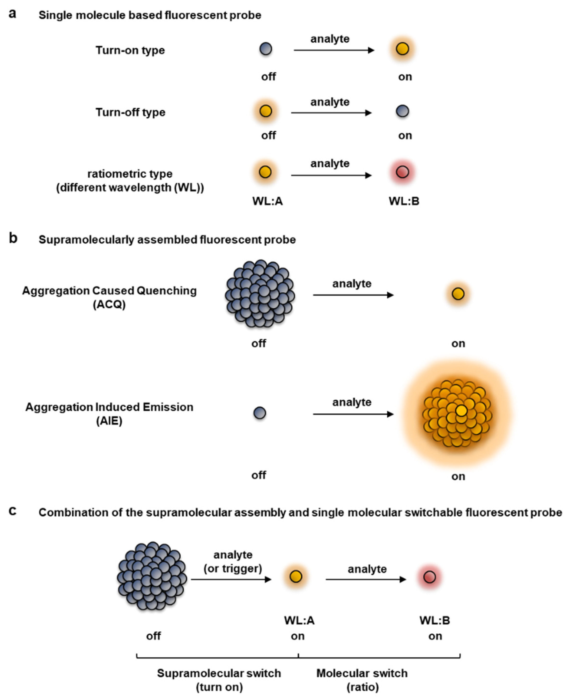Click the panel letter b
tap(13, 238)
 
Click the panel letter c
tap(13, 511)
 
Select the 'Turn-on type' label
tap(130, 50)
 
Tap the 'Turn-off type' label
tap(130, 112)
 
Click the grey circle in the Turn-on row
tap(266, 49)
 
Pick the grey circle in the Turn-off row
tap(403, 111)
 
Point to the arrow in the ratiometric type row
tap(331, 175)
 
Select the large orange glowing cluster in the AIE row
tap(457, 413)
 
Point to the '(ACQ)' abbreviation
tap(109, 305)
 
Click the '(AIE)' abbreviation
tap(109, 421)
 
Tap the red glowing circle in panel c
tap(429, 577)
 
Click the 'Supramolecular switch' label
tap(219, 673)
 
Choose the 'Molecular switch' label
tap(362, 673)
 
